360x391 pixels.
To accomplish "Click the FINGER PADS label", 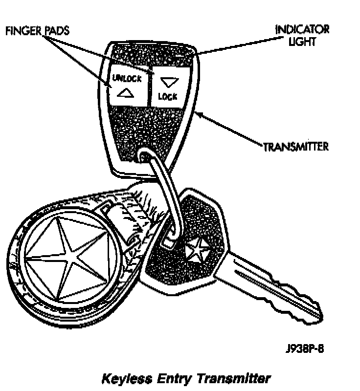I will (x=37, y=31).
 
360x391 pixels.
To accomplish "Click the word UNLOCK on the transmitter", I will (x=126, y=78).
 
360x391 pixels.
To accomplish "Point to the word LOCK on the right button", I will (x=167, y=96).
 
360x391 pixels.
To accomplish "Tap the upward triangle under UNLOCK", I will (x=126, y=92).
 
